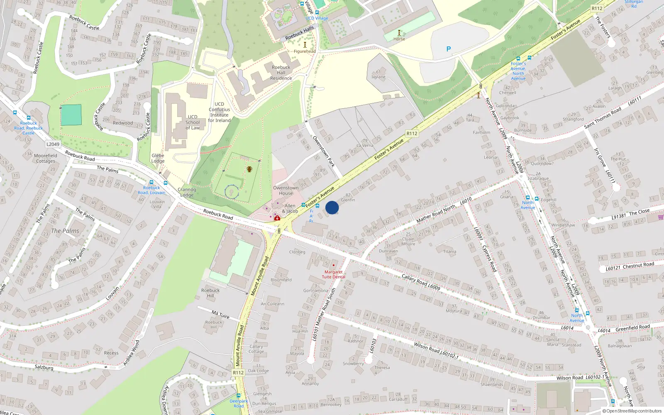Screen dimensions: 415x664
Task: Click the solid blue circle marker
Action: [x=332, y=207]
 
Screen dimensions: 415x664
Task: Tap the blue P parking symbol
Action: [x=448, y=49]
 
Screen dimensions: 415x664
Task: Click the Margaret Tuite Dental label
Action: [x=333, y=274]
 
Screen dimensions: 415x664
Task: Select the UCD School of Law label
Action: [x=193, y=122]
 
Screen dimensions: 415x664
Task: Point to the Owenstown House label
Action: [x=286, y=190]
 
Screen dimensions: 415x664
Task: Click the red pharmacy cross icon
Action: [x=277, y=218]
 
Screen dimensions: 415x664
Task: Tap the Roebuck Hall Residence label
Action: [x=281, y=73]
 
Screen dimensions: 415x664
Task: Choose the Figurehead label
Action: [x=305, y=51]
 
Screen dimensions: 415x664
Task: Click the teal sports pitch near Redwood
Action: [x=71, y=115]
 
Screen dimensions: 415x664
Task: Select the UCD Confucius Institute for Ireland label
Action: [x=219, y=112]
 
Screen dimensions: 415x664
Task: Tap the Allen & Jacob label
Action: [x=290, y=208]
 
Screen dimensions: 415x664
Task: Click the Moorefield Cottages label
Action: [x=46, y=158]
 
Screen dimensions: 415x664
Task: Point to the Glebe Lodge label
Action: [x=158, y=158]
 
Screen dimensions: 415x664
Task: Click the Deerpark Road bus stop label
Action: [x=239, y=403]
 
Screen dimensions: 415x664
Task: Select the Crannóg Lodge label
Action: [x=187, y=192]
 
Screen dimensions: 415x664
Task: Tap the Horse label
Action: [x=399, y=39]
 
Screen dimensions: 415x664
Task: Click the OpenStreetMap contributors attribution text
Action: [x=632, y=411]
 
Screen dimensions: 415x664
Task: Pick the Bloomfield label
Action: [x=281, y=280]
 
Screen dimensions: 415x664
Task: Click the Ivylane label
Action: [x=378, y=77]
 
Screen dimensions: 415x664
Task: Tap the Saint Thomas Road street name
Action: [x=603, y=118]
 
